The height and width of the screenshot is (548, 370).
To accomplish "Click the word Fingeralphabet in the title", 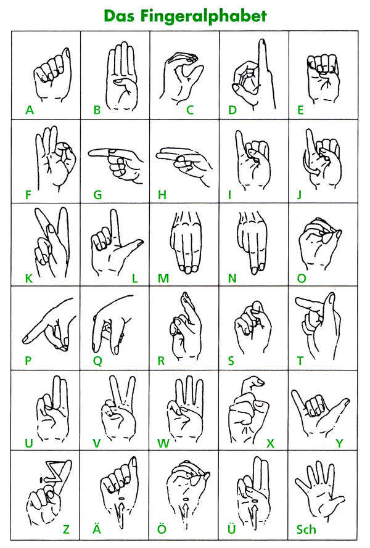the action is click(204, 16).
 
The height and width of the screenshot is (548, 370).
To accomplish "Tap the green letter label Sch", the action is click(306, 530).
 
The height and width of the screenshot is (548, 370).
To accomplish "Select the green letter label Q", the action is click(97, 361).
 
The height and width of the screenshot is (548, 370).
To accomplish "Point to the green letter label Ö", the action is click(162, 528).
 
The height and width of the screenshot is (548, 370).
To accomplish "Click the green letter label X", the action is click(270, 443).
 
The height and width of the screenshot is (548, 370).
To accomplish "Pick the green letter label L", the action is click(134, 279).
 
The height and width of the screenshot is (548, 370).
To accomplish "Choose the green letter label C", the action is click(190, 110).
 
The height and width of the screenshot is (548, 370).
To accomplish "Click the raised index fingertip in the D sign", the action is click(261, 43).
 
